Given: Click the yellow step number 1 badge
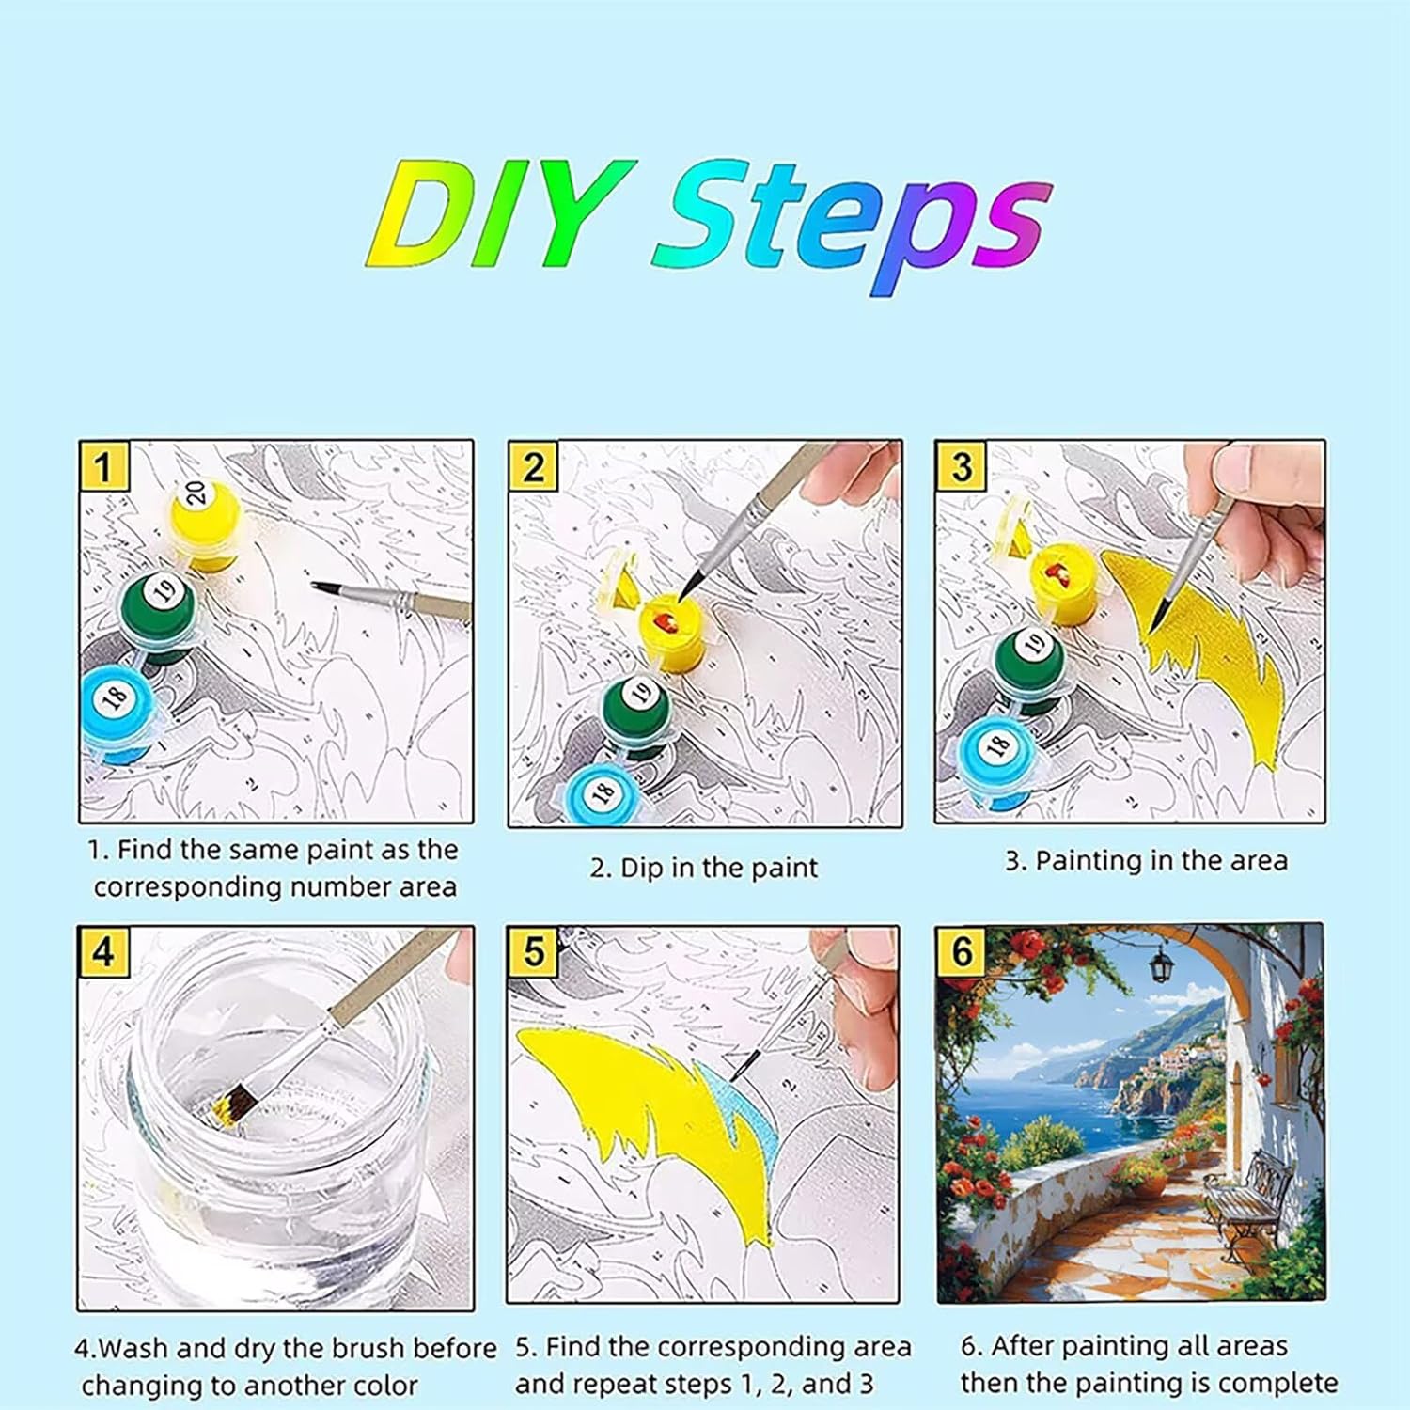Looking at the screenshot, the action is pos(103,466).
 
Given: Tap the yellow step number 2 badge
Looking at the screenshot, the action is pos(533,466).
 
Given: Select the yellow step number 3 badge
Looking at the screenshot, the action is pos(961,466).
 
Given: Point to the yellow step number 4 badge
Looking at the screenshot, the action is pos(102,952).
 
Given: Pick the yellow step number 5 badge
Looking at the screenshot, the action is pos(533,952).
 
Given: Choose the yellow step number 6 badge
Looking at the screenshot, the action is pos(962,951).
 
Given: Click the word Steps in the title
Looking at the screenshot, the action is pos(851,225).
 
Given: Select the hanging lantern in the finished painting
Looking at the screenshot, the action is pos(1163,960).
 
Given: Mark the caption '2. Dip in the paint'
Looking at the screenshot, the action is pos(704,867).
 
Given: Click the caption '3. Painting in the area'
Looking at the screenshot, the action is pos(1146,860).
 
